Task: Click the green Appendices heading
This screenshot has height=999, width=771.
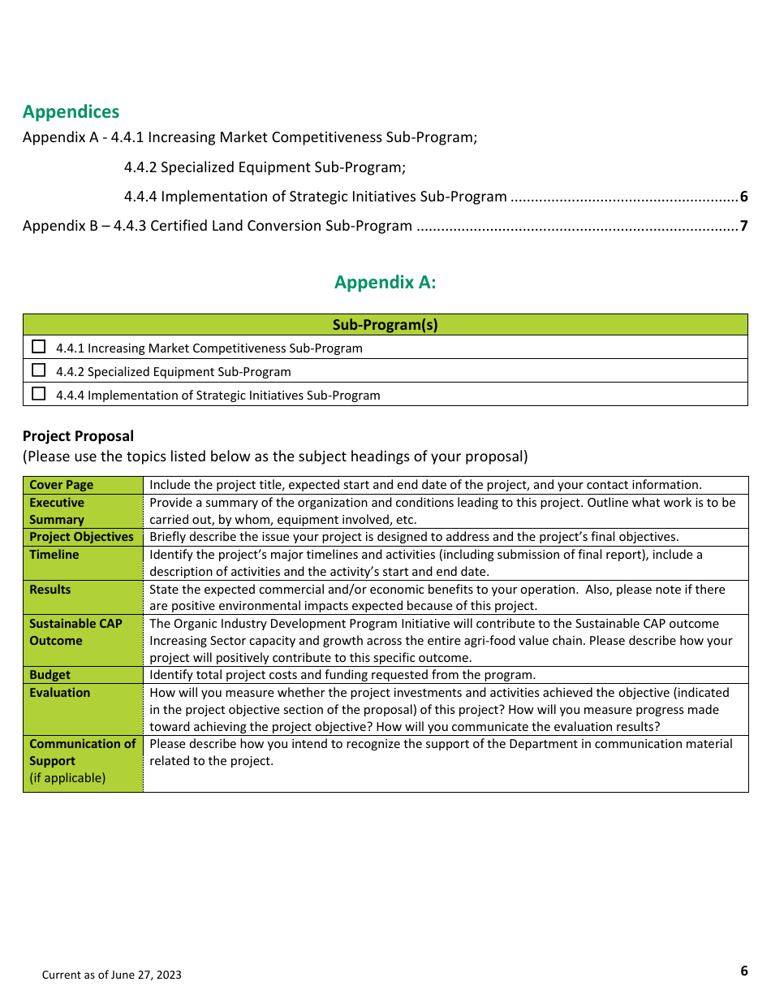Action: click(x=71, y=112)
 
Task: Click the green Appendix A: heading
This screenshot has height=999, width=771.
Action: click(x=385, y=283)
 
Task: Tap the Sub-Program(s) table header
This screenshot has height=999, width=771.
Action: click(x=385, y=325)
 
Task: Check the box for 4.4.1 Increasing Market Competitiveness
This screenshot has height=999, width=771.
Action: click(x=39, y=347)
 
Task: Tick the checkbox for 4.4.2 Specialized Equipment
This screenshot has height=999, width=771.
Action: click(x=39, y=370)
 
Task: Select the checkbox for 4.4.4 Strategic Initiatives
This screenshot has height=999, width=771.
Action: click(x=39, y=394)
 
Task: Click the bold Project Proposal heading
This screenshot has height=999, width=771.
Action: click(x=78, y=436)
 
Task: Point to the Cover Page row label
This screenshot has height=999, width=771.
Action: click(x=61, y=485)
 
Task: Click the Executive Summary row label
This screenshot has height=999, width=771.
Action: click(x=57, y=511)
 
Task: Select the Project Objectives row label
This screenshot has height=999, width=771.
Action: click(x=81, y=537)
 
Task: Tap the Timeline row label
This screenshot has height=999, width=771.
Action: click(x=54, y=555)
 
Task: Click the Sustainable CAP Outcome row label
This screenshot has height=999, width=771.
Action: click(x=75, y=632)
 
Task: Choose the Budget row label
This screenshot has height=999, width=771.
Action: click(x=50, y=675)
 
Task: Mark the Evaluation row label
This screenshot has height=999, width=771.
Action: click(x=60, y=693)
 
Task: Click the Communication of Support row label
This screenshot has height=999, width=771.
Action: click(x=82, y=752)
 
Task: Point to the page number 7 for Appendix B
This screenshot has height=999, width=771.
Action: click(x=743, y=226)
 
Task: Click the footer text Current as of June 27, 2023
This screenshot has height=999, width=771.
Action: click(x=112, y=975)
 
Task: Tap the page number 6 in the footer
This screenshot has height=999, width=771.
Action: click(x=744, y=971)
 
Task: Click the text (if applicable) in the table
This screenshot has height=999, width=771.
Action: click(x=67, y=778)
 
